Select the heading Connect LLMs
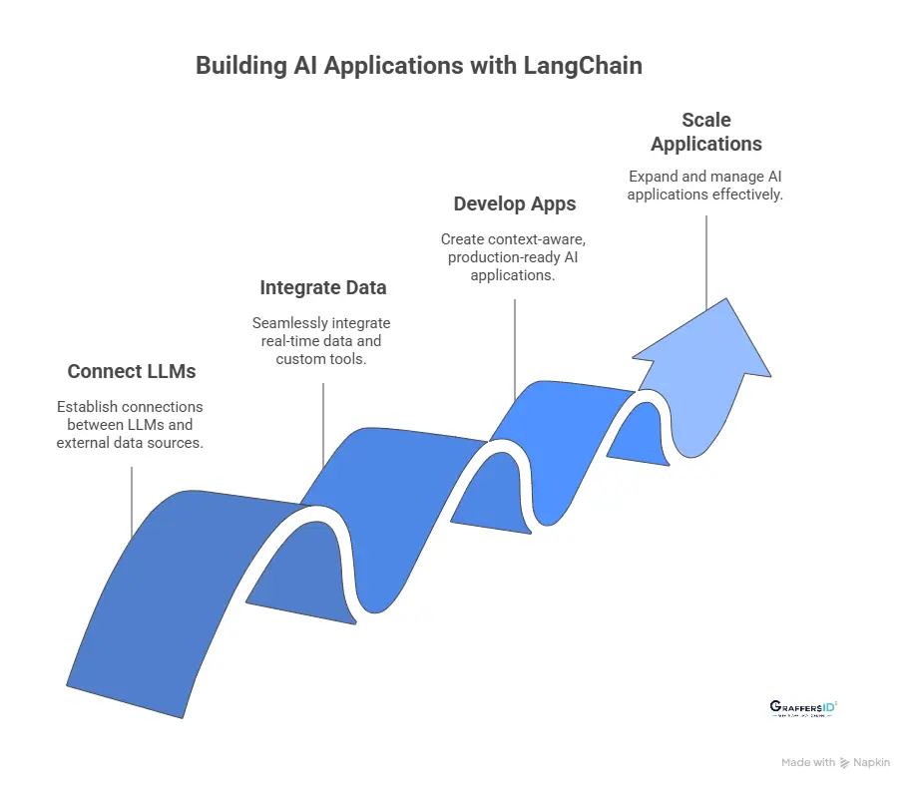click(132, 371)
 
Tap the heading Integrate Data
click(323, 287)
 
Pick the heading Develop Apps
click(515, 203)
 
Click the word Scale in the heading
click(706, 120)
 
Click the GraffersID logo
click(804, 707)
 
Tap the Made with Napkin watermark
click(835, 762)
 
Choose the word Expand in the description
click(654, 177)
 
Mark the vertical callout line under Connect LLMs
click(132, 504)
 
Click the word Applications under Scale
click(706, 144)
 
